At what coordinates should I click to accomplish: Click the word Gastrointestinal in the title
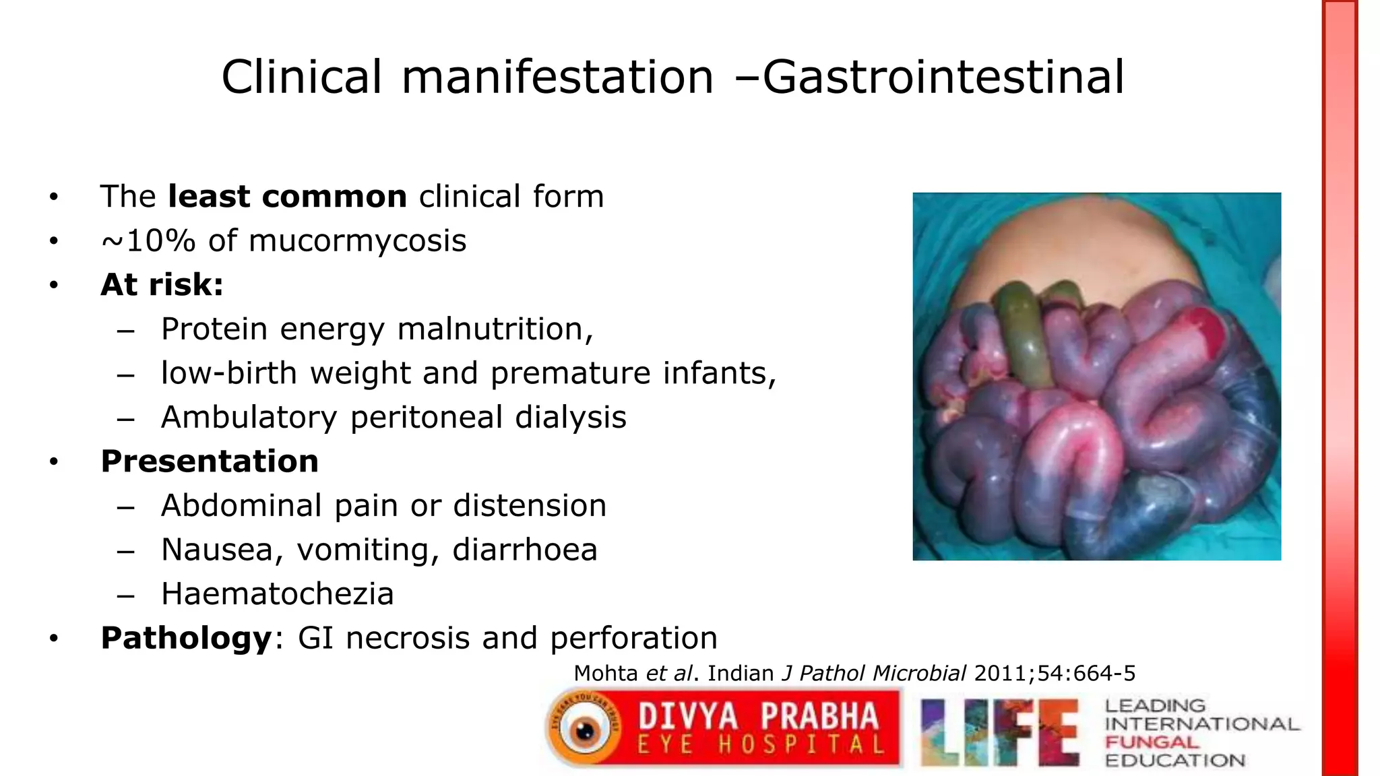coord(943,77)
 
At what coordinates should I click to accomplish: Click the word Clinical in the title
coord(302,77)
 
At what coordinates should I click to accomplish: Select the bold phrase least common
coord(287,197)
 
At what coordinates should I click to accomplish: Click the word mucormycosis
coord(357,241)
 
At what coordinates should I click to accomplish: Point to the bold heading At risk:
coord(162,285)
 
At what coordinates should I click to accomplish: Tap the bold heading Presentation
coord(210,461)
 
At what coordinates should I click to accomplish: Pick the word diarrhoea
coord(525,550)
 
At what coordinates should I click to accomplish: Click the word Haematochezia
coord(277,594)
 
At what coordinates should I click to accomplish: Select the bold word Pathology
coord(186,638)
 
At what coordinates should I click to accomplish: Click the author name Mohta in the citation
coord(605,673)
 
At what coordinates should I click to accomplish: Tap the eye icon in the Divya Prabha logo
coord(584,730)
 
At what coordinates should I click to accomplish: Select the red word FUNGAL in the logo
coord(1152,742)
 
